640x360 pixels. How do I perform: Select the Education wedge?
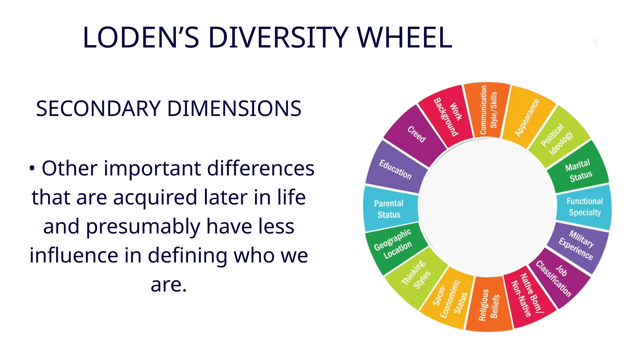point(395,170)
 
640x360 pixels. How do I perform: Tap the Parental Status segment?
point(389,209)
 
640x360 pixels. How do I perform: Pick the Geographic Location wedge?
point(393,244)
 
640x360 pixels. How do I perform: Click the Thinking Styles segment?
point(416,274)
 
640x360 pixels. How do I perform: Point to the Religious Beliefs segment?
point(489,304)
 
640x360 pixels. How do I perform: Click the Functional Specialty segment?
point(584,207)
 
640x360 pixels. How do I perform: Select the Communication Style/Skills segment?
point(488,110)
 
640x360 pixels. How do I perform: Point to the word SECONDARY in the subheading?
point(98,109)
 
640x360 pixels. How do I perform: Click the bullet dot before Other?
point(32,168)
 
